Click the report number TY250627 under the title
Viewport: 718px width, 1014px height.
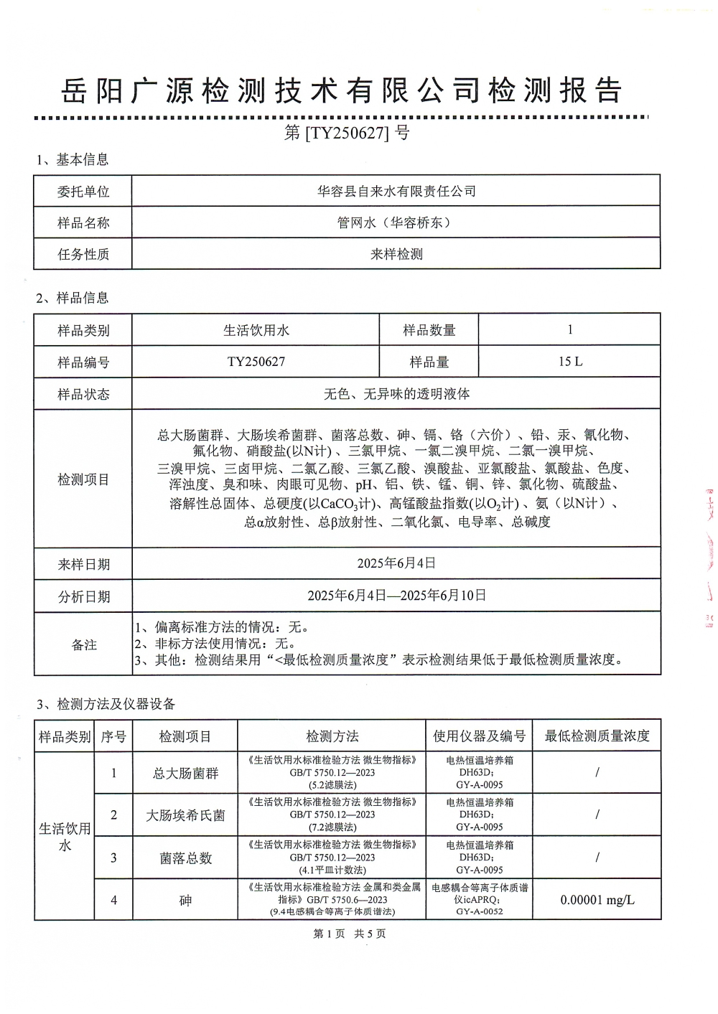click(x=347, y=133)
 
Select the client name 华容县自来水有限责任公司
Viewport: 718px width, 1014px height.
click(x=396, y=191)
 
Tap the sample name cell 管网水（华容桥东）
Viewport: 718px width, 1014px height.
click(x=396, y=222)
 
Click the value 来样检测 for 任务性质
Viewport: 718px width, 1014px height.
click(x=396, y=254)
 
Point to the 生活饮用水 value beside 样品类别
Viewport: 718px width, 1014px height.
click(x=256, y=330)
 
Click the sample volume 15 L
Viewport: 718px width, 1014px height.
click(x=570, y=362)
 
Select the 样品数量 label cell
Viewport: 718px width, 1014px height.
click(x=429, y=330)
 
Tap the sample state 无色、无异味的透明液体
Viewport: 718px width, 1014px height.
click(x=396, y=393)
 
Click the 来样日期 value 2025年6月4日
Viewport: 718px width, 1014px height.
click(x=396, y=563)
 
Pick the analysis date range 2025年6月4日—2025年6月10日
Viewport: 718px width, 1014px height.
click(x=396, y=595)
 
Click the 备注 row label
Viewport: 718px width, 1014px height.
click(x=83, y=644)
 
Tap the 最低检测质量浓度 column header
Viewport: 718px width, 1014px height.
click(x=597, y=736)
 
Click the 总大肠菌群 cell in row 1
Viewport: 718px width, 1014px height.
click(x=185, y=773)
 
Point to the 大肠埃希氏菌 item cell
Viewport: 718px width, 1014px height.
click(x=185, y=815)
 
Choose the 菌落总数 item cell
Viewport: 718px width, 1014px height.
click(x=185, y=858)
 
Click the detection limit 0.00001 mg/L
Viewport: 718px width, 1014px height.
click(x=597, y=900)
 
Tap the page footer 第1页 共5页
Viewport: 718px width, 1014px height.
click(x=350, y=934)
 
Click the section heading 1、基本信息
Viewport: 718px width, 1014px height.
click(x=73, y=159)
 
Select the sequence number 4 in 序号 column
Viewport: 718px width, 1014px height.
click(x=113, y=900)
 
